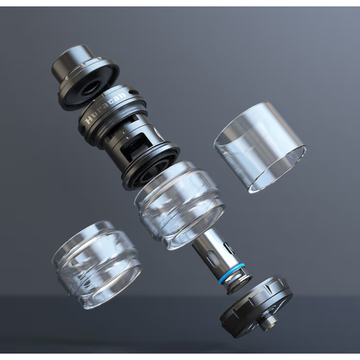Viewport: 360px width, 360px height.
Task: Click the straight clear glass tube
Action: pos(259,147)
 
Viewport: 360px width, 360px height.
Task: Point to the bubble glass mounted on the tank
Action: pos(180,203)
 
